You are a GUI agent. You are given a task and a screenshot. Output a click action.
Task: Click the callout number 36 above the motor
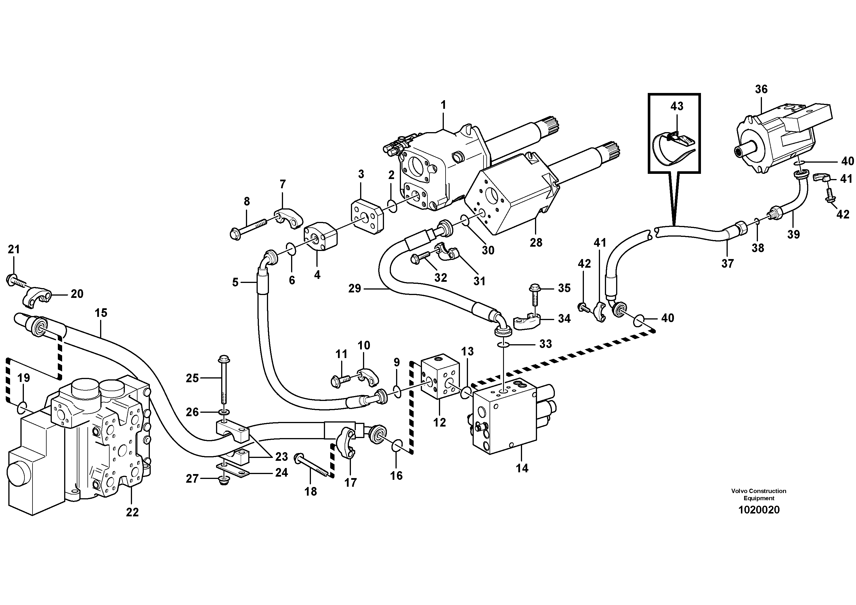coord(761,89)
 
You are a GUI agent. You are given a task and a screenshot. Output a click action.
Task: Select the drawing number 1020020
coord(759,510)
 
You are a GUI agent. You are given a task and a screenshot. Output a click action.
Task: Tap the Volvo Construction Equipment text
coord(759,494)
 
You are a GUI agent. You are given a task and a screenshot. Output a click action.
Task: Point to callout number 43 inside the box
coord(677,106)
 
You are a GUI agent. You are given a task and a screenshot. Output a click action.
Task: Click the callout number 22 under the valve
coord(132,512)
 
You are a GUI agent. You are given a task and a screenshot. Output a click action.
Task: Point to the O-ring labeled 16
coord(398,446)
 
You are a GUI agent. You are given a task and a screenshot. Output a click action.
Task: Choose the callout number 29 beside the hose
coord(355,288)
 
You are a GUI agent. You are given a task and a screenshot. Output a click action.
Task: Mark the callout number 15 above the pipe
coord(101,313)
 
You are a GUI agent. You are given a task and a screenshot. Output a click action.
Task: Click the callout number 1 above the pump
coord(443,105)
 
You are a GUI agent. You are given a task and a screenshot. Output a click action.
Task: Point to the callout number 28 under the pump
coord(536,242)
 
